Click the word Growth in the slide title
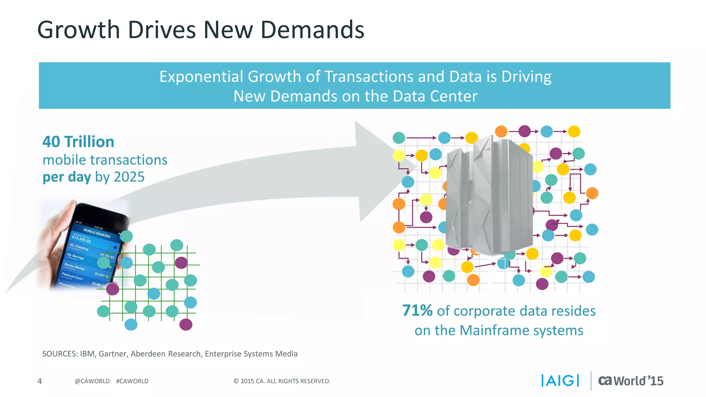79,30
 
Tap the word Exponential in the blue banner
201,77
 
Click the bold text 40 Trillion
78,142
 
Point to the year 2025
129,177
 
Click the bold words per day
67,177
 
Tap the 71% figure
417,311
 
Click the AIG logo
560,381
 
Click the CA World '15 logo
631,381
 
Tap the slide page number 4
40,381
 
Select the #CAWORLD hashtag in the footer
132,381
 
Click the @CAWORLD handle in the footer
92,381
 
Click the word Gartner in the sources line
113,354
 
